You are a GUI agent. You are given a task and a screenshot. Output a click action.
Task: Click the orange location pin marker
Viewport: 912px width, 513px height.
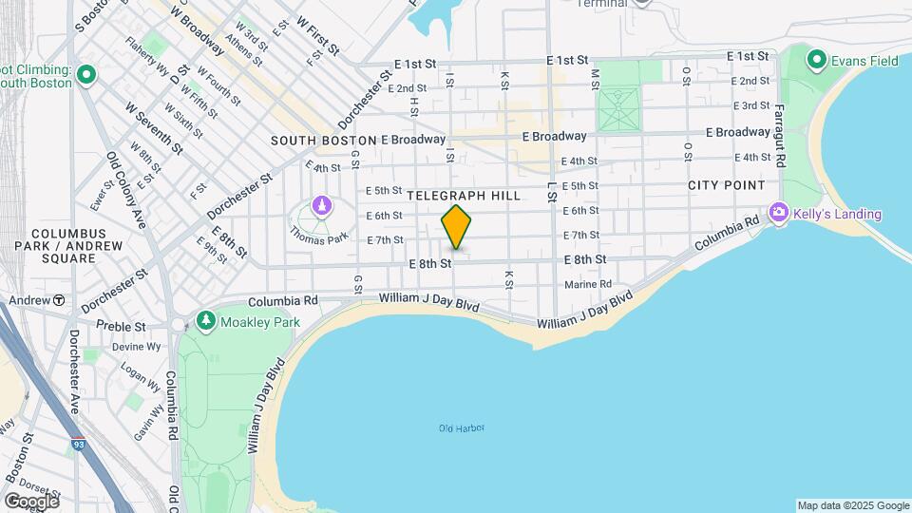tap(457, 227)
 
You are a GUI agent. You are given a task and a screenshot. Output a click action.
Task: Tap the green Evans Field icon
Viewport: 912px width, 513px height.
tap(815, 61)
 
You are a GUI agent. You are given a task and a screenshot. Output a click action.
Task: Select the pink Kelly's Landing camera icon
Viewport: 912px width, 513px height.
tap(780, 213)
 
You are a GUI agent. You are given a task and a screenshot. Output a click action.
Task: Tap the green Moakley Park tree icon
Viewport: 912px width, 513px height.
tap(206, 322)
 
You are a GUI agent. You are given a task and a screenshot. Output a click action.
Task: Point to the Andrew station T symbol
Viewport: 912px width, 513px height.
tap(59, 300)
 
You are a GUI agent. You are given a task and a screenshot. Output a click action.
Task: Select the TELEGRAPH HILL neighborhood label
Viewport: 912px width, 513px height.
tap(464, 195)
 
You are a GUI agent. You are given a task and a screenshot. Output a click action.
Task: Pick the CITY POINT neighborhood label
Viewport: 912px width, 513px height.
tap(727, 184)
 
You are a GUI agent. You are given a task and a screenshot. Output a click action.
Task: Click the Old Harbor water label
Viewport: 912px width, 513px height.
tap(462, 428)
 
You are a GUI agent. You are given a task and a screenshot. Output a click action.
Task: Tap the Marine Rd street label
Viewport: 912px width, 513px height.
tap(587, 284)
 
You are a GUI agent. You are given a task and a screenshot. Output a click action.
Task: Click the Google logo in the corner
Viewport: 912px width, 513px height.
tap(31, 501)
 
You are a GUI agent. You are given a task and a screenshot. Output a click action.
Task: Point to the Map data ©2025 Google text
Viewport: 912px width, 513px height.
tap(852, 505)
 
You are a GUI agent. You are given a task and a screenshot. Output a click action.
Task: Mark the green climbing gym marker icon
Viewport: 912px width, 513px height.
tap(85, 73)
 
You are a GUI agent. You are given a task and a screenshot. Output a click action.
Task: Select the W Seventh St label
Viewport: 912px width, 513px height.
tap(153, 128)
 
